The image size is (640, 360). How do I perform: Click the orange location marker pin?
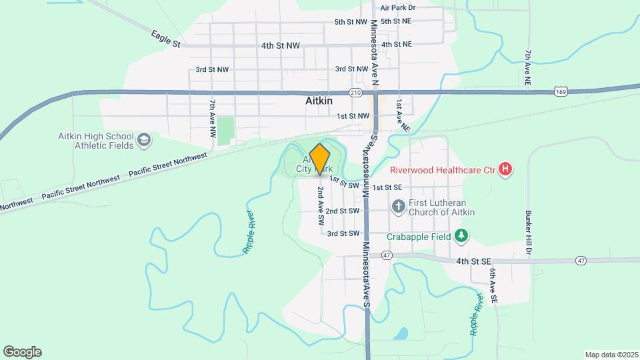(x=320, y=159)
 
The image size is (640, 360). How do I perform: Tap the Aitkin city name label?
(x=318, y=101)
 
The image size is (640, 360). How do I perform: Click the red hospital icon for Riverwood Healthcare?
(x=505, y=170)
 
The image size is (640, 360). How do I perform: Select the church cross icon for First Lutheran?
(x=398, y=206)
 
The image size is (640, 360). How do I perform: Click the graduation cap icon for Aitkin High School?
(x=145, y=140)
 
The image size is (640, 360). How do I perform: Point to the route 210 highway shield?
(x=355, y=93)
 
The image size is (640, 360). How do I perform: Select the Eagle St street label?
(x=165, y=39)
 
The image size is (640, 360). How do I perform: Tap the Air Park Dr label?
(x=398, y=8)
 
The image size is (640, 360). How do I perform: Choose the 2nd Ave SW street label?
(x=321, y=205)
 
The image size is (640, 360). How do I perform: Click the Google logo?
(x=22, y=352)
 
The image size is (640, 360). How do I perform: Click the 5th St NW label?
(x=351, y=22)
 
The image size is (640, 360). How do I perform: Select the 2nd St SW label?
(x=343, y=211)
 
